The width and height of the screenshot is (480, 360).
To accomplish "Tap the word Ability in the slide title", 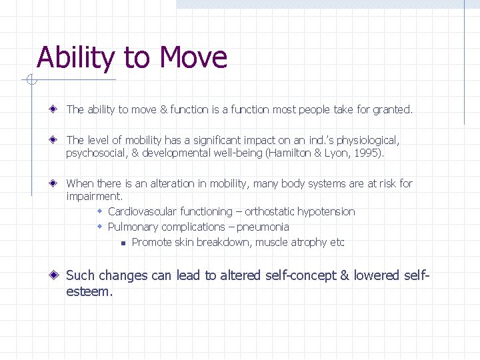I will (75, 59).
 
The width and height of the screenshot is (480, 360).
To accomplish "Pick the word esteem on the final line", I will (89, 292).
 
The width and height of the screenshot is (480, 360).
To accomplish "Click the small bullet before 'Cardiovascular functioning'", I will (99, 211).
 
